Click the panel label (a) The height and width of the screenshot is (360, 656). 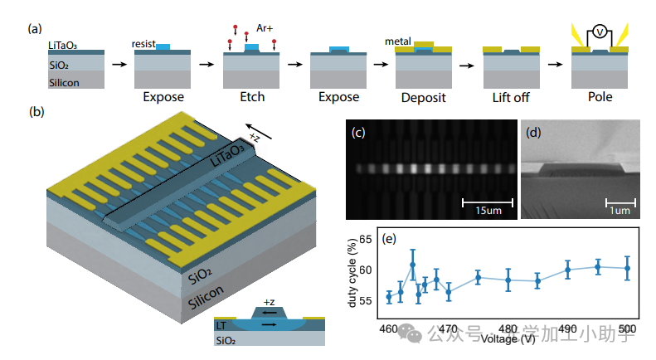tap(35, 28)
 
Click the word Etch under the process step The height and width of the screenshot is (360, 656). tap(252, 97)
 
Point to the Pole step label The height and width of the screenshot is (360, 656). tap(597, 97)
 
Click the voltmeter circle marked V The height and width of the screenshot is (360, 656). tap(599, 32)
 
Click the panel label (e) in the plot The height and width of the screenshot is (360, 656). tap(387, 239)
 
